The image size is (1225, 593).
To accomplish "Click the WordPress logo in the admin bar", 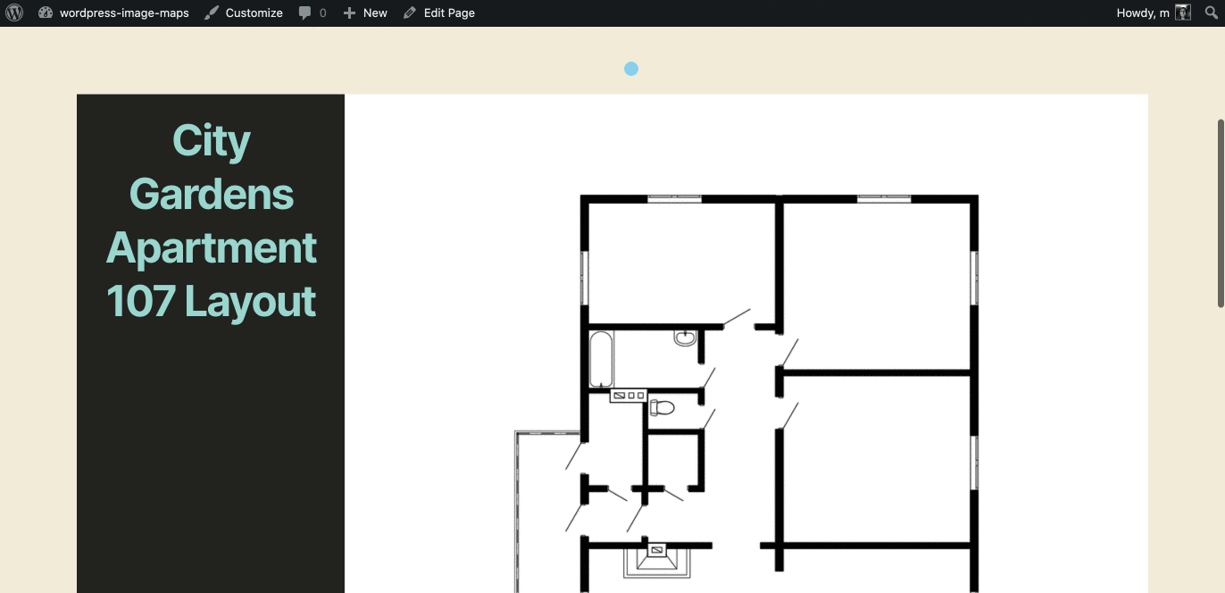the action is [x=14, y=13].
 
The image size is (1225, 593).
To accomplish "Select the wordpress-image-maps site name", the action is [x=124, y=13].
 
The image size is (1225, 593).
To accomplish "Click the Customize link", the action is [x=254, y=13].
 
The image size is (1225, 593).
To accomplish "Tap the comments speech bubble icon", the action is [x=304, y=13].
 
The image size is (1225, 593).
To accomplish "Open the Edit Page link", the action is [x=449, y=13].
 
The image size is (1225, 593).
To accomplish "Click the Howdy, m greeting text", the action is [x=1143, y=13].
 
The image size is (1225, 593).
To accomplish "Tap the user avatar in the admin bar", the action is [x=1183, y=13].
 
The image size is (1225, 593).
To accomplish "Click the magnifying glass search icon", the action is [x=1212, y=13].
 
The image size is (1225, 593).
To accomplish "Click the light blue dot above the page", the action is [x=631, y=69].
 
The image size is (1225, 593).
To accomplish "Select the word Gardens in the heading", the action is [x=211, y=195].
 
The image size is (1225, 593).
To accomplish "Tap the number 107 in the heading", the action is [x=141, y=301].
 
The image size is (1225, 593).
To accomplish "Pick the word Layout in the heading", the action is [x=250, y=303].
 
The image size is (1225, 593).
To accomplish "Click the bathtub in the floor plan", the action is [x=601, y=359].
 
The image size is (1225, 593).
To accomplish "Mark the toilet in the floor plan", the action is [x=662, y=407].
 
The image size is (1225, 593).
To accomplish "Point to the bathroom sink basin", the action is [x=685, y=338].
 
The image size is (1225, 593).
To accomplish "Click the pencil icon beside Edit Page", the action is [x=410, y=13].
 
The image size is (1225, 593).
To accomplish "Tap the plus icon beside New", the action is [x=349, y=13].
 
